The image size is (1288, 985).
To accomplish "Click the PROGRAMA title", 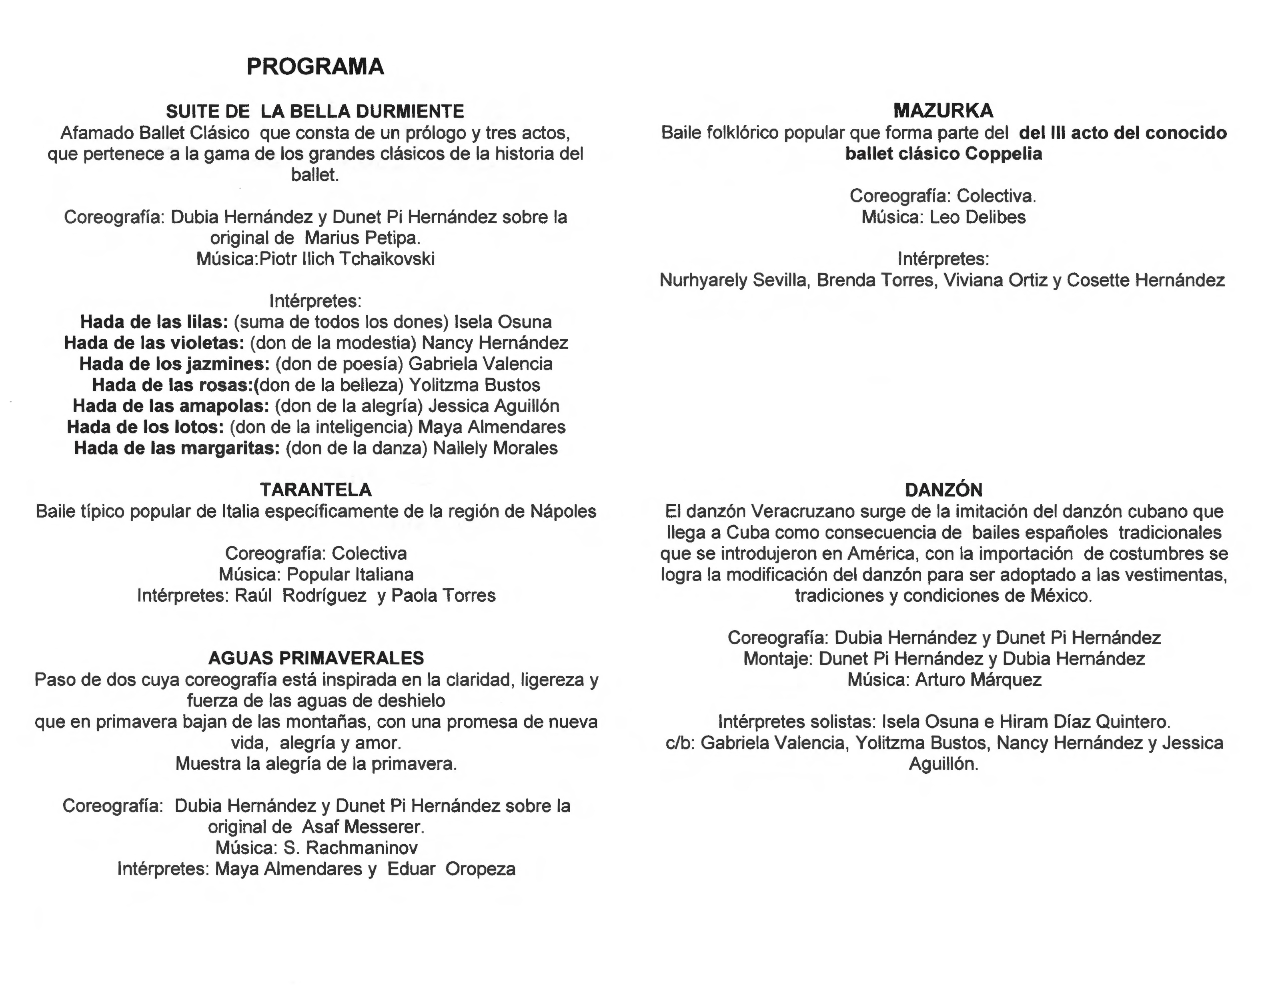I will tap(315, 67).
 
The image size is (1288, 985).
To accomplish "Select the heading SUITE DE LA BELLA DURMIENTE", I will tap(315, 111).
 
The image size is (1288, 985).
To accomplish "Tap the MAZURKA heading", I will tap(943, 111).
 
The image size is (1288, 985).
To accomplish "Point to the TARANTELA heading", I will tap(315, 490).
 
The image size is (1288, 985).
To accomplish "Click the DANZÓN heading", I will tap(943, 490).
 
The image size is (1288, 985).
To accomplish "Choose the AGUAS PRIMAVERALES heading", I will tap(315, 658).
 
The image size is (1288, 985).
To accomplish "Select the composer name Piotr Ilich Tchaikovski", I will tap(347, 259).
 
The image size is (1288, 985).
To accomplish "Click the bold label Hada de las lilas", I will tap(154, 322).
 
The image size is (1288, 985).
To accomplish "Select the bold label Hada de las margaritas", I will tap(176, 448).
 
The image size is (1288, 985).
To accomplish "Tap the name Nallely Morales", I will tap(495, 448).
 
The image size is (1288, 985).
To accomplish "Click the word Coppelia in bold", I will tap(1003, 154).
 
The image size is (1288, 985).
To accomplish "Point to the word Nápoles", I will tap(563, 511).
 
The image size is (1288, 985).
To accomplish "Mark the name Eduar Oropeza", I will tap(451, 869).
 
